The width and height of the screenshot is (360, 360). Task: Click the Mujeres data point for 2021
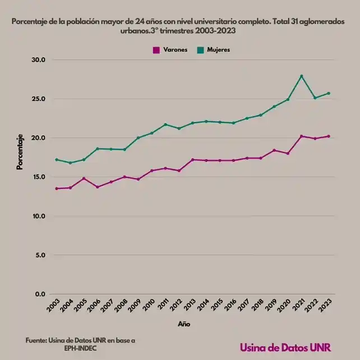[302, 76]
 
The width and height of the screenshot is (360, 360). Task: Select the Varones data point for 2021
[302, 136]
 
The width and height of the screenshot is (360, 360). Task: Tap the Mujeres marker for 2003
[57, 160]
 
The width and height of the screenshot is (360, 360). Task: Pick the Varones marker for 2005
[84, 178]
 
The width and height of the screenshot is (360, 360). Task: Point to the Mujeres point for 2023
[329, 93]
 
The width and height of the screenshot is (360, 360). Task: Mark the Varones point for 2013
[192, 160]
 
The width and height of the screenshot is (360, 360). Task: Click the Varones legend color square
[156, 50]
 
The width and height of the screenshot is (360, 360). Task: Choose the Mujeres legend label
[219, 50]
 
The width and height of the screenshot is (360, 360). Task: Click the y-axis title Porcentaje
[20, 152]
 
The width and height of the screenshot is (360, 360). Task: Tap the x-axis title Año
[184, 324]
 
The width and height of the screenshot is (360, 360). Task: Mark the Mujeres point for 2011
[165, 124]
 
